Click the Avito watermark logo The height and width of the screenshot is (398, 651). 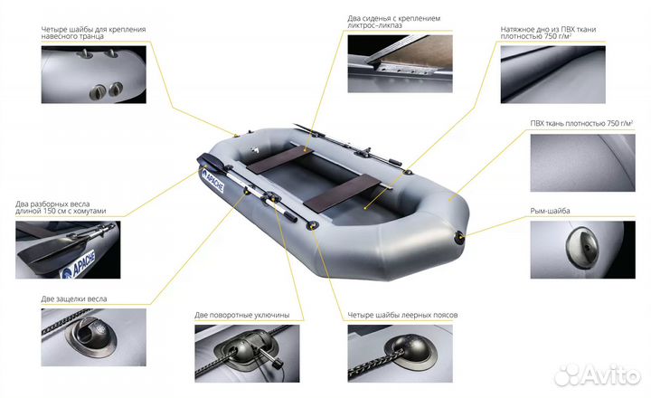coord(598,374)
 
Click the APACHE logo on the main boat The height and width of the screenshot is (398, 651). coord(212,181)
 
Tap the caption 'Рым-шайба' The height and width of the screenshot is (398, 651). coord(550,211)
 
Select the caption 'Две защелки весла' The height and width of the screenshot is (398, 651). coord(74,298)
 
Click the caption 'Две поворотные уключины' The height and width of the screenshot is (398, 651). coord(242,315)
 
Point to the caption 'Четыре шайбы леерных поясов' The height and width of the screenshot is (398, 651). coord(402,315)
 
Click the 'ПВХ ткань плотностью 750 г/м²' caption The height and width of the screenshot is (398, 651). coord(581,123)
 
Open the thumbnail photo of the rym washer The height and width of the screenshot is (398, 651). coord(582,250)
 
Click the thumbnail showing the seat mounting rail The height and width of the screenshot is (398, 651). coord(400,63)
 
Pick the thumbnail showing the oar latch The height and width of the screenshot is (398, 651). coord(93,336)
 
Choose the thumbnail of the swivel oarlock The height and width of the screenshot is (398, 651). coord(247,353)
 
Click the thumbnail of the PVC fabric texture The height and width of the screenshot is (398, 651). coord(582,163)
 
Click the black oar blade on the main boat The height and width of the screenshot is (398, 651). coord(209,161)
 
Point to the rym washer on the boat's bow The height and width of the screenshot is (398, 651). coord(460,237)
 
